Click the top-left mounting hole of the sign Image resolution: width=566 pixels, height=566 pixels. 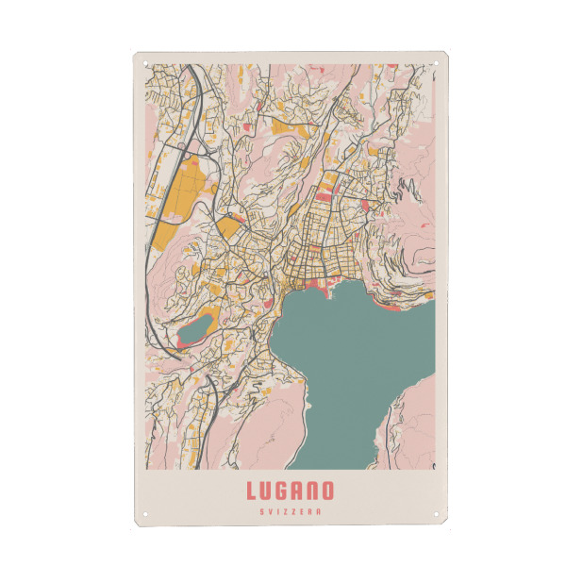click(x=146, y=63)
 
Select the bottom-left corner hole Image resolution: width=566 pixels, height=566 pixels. click(x=146, y=515)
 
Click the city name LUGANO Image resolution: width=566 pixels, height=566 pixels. click(x=290, y=491)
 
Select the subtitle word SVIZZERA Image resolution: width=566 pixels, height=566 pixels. click(x=290, y=511)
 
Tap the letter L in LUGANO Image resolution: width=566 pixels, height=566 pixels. click(x=252, y=491)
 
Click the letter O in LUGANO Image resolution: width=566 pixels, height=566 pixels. click(x=326, y=491)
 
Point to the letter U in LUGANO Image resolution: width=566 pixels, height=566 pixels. click(x=267, y=491)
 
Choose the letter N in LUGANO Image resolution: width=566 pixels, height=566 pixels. click(x=312, y=491)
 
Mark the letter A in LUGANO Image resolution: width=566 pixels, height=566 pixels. click(x=297, y=491)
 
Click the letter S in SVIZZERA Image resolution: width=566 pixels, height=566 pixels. click(x=258, y=511)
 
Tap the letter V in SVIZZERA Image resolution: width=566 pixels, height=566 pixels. click(x=267, y=511)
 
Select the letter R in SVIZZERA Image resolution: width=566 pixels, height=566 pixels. click(x=312, y=511)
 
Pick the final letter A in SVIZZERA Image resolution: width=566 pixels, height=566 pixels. click(x=321, y=511)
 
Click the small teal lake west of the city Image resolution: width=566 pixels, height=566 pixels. click(x=194, y=330)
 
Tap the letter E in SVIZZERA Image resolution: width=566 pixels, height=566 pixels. click(x=303, y=511)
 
